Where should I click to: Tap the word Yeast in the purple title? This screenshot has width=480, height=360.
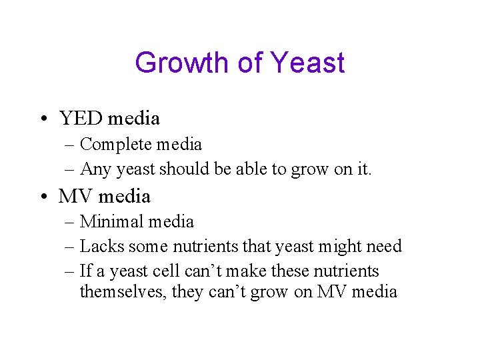pyautogui.click(x=307, y=63)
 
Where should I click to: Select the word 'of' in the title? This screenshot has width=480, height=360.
pyautogui.click(x=250, y=63)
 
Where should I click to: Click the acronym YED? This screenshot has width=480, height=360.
pyautogui.click(x=81, y=119)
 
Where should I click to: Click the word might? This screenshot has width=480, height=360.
pyautogui.click(x=341, y=247)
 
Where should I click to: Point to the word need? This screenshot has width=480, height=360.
pyautogui.click(x=384, y=247)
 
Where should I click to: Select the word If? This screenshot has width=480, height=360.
pyautogui.click(x=85, y=271)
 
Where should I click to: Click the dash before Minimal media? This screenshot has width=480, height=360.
pyautogui.click(x=71, y=222)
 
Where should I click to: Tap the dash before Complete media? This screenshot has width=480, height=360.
pyautogui.click(x=71, y=145)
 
